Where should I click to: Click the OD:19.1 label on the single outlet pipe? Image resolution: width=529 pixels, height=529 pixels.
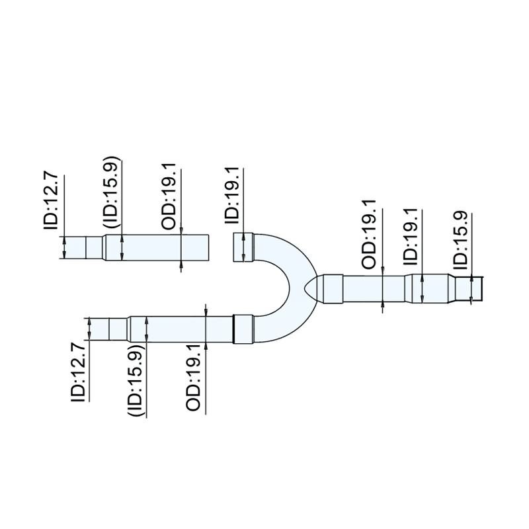click(371, 233)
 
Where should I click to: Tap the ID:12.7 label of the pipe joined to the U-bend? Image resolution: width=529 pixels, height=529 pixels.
click(79, 372)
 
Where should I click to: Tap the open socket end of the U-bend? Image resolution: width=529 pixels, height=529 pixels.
click(243, 247)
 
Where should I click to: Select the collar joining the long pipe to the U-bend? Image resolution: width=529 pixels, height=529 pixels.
click(243, 329)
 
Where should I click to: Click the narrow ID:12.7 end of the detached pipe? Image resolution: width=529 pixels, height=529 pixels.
click(74, 247)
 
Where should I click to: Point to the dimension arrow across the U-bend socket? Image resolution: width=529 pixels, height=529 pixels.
click(251, 247)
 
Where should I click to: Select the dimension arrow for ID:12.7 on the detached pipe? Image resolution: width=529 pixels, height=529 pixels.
click(63, 247)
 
